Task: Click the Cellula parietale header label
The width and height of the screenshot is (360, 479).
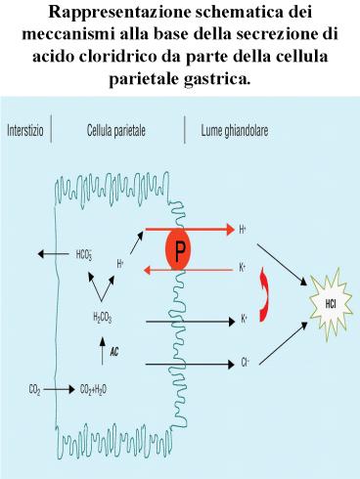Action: coord(117,130)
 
